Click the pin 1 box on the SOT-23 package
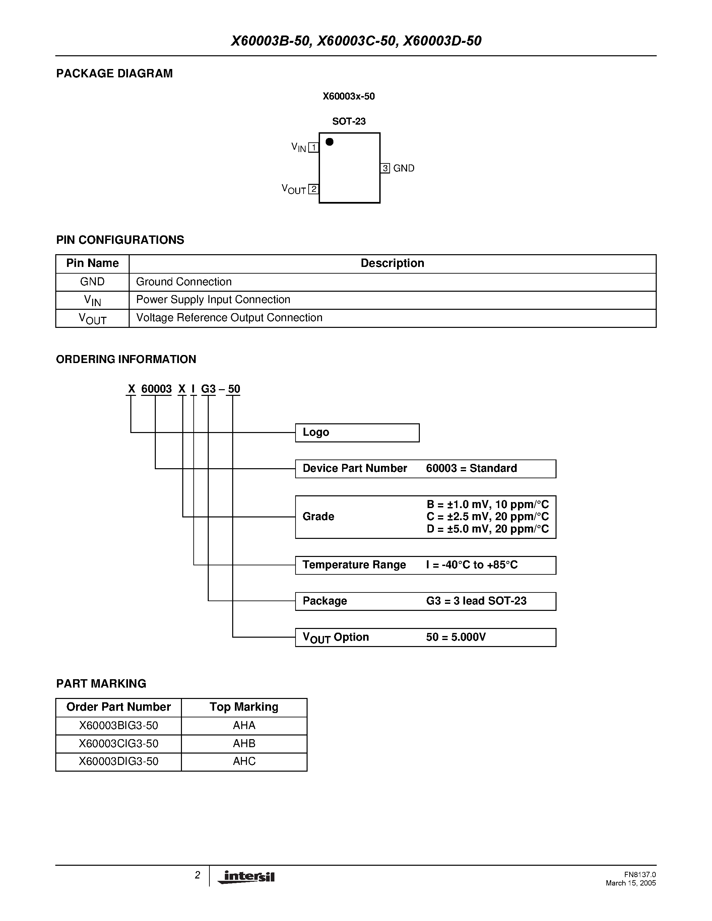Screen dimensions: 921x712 (313, 147)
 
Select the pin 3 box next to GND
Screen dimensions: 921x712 (385, 168)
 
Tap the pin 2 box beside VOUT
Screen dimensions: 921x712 (313, 189)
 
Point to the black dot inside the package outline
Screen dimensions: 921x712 (330, 142)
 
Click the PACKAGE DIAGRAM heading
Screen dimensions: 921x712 (114, 73)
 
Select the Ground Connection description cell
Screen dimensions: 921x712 (184, 282)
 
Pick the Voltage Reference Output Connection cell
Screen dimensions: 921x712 (229, 317)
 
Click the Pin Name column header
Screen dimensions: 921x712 (92, 263)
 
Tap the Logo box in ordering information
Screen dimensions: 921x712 (357, 433)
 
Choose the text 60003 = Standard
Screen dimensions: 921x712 (471, 468)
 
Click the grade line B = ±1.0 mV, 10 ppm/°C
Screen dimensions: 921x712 (488, 504)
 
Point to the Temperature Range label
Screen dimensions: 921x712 (354, 565)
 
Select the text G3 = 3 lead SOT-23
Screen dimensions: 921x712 (476, 600)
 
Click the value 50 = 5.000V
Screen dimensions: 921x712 (456, 637)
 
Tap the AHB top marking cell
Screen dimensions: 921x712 (244, 743)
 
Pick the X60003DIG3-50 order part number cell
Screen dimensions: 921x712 (119, 761)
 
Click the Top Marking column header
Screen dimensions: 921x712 (244, 707)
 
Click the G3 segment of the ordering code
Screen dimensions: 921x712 (208, 389)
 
